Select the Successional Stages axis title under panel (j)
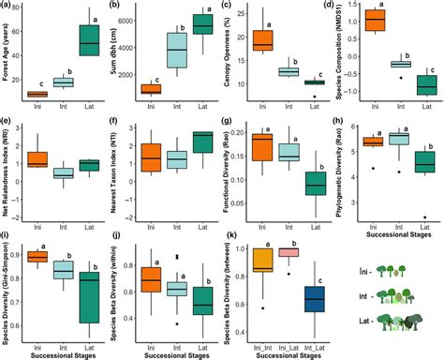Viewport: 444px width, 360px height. coord(178,353)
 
